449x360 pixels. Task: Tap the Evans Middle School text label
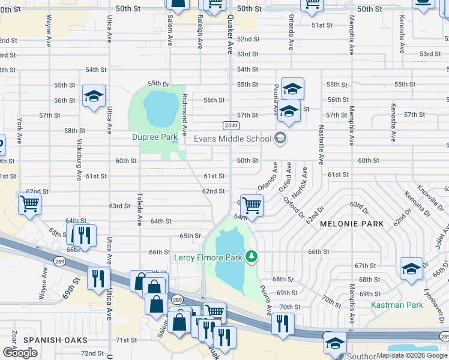click(x=232, y=139)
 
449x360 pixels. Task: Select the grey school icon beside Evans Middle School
click(x=279, y=139)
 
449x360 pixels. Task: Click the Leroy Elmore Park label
click(x=208, y=257)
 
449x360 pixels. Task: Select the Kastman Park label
click(x=397, y=305)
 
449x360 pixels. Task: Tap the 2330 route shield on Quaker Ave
click(x=231, y=125)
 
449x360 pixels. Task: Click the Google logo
click(x=20, y=352)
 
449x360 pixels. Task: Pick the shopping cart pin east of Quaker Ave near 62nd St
click(x=252, y=206)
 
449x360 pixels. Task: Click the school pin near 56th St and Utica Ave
click(x=94, y=97)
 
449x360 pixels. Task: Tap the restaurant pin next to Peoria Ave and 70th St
click(x=283, y=323)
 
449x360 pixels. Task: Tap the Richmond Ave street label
click(x=185, y=113)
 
